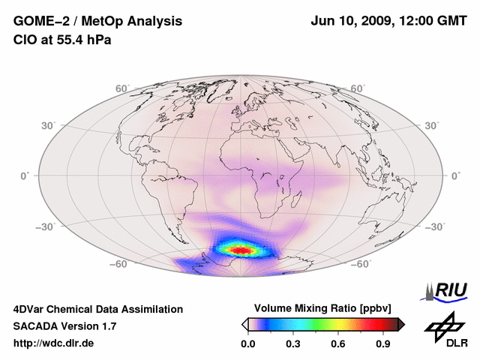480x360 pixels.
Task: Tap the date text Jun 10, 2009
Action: coord(349,22)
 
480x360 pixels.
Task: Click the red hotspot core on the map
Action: coord(241,249)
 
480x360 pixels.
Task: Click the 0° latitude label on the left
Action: coord(25,175)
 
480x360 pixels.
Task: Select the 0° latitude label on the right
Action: coord(455,175)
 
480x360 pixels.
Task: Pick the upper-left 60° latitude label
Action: coord(122,89)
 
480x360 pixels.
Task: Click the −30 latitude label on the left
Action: coord(46,226)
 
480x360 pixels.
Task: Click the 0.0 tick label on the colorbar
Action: coord(248,344)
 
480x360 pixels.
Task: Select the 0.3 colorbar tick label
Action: coord(293,344)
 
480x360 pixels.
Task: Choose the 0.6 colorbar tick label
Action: coord(339,344)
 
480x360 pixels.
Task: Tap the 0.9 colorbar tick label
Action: coord(384,344)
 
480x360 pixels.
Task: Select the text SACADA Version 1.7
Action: coord(64,326)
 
